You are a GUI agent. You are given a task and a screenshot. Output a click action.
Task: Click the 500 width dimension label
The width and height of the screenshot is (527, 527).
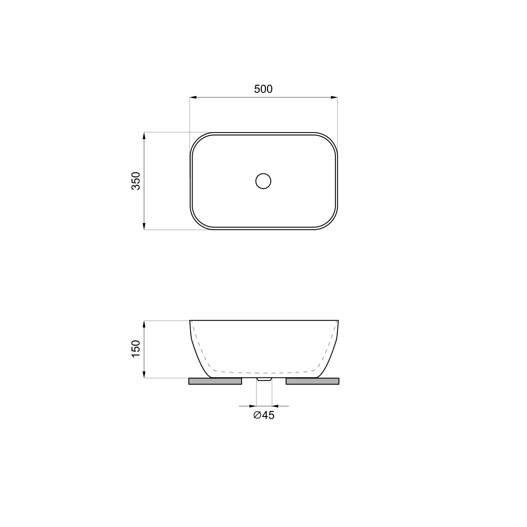pyautogui.click(x=263, y=89)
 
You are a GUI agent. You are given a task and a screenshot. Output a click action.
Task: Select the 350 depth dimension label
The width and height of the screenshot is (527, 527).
pyautogui.click(x=136, y=181)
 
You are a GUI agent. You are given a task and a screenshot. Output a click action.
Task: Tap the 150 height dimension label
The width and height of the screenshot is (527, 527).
pyautogui.click(x=136, y=349)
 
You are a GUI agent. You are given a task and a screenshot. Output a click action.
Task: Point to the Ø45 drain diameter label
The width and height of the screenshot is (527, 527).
pyautogui.click(x=263, y=415)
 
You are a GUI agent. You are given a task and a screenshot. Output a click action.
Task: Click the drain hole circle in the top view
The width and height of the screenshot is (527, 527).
pyautogui.click(x=263, y=181)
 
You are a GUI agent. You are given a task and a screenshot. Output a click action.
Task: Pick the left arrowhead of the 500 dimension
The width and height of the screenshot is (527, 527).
pyautogui.click(x=193, y=97)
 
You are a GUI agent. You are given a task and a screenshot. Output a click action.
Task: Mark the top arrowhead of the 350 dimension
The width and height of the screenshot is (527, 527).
pyautogui.click(x=144, y=136)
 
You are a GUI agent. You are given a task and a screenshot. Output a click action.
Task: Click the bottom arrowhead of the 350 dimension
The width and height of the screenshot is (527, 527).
pyautogui.click(x=144, y=226)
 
